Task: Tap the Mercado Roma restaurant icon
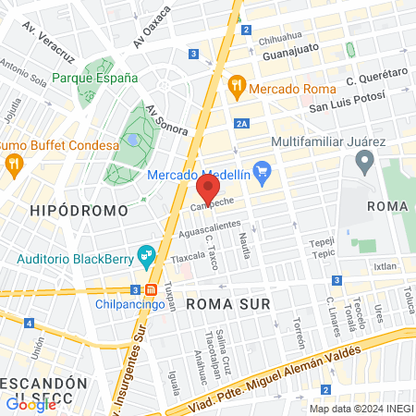237,87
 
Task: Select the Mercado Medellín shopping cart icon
263,171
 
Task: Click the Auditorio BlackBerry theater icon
145,253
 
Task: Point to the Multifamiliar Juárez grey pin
364,164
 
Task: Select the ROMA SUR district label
226,302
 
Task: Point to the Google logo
31,404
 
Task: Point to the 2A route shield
242,124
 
